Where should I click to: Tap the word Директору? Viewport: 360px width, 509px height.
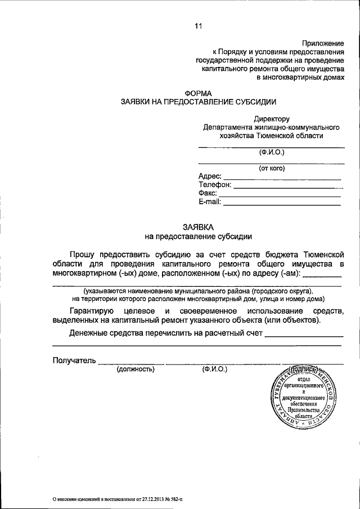[271, 119]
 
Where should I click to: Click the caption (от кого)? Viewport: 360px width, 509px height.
[272, 168]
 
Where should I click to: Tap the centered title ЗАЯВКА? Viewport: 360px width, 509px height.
[199, 227]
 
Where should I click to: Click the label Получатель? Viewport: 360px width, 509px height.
[74, 360]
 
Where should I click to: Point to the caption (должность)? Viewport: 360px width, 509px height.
[135, 370]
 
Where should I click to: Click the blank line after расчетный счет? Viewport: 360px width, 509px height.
[303, 334]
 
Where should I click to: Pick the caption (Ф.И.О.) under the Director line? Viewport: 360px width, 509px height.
[272, 152]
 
